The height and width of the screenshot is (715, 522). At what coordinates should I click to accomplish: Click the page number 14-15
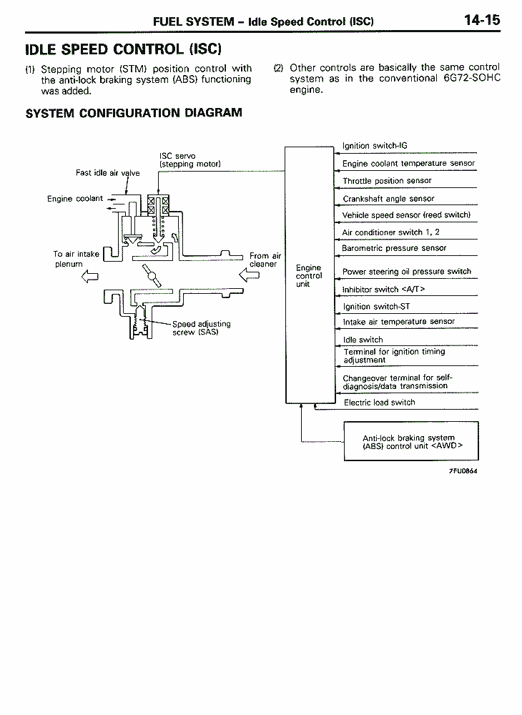(x=482, y=20)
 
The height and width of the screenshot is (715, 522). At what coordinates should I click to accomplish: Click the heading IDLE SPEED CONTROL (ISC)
(x=123, y=49)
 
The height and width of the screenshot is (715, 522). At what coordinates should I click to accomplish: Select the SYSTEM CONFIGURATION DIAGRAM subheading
(x=134, y=113)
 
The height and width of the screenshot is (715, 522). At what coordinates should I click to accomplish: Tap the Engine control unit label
(x=309, y=275)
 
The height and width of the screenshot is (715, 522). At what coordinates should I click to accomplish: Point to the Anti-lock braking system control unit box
(x=411, y=441)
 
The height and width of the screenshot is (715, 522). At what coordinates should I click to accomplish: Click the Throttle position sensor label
(x=387, y=181)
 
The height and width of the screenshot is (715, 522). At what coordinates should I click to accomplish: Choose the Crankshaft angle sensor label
(x=388, y=198)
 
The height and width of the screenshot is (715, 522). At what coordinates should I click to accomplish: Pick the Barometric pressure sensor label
(x=394, y=248)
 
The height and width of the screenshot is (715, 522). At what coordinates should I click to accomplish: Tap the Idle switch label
(x=363, y=340)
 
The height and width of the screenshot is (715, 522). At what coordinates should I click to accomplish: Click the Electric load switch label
(x=379, y=402)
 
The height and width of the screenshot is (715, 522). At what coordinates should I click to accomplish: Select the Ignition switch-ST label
(x=376, y=307)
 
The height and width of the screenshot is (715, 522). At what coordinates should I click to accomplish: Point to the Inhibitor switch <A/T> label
(x=383, y=289)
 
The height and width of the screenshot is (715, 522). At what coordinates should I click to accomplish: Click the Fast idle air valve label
(x=107, y=173)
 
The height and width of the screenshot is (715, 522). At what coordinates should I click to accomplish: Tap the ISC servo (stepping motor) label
(x=190, y=159)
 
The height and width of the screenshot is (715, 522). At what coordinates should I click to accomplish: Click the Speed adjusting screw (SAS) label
(x=202, y=328)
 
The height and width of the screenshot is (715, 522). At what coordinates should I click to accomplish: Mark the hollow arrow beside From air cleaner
(x=249, y=275)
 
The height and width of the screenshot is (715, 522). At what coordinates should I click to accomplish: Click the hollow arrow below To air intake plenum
(x=90, y=276)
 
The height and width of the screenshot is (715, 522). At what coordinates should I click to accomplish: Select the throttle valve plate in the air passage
(x=152, y=275)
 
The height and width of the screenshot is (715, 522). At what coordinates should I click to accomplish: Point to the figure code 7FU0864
(x=463, y=471)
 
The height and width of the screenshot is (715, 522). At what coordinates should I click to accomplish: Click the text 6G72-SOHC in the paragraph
(x=472, y=78)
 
